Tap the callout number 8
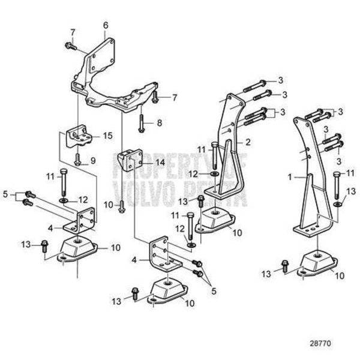click(160, 122)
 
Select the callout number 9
click(93, 160)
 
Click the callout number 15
click(108, 136)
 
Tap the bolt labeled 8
click(142, 123)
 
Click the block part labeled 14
click(133, 160)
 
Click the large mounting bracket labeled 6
click(108, 78)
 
